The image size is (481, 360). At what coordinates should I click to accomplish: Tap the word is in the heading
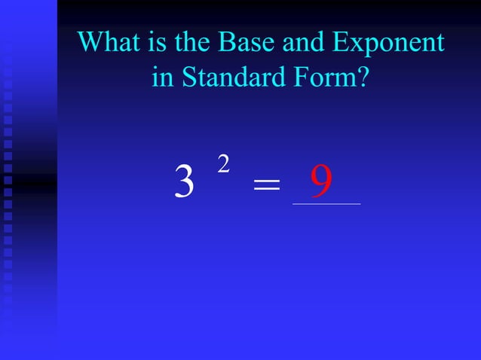(154, 43)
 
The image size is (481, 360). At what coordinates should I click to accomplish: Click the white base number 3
(183, 182)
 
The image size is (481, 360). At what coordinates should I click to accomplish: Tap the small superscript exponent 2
(223, 164)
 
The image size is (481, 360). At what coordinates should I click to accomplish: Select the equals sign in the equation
(266, 185)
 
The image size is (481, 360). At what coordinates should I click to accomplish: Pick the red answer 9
(322, 182)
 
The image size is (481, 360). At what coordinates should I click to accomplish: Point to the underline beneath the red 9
(326, 203)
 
